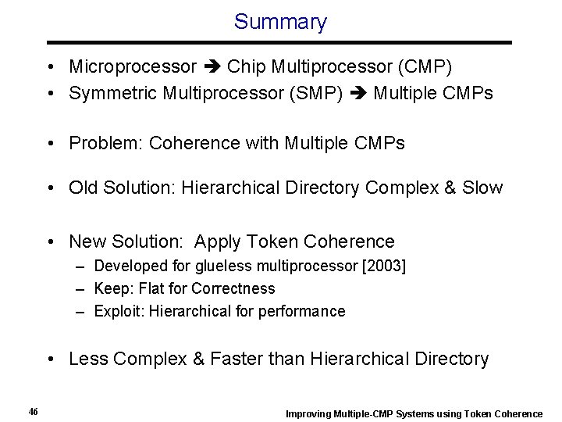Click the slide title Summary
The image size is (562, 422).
pos(280,22)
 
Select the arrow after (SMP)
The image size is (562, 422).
pos(358,95)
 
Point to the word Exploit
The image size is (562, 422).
pos(117,311)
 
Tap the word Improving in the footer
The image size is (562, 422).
pos(308,413)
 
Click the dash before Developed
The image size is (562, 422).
pos(81,266)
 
